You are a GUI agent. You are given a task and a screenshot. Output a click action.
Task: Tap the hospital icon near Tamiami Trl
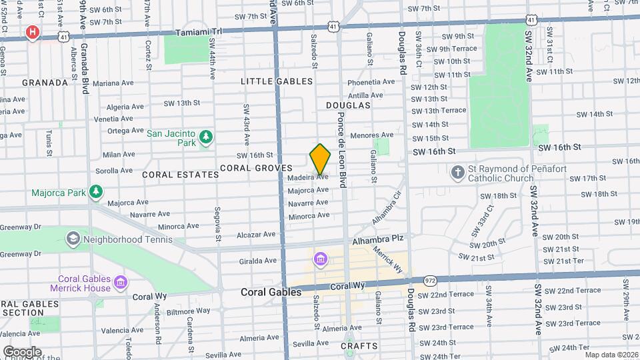click(x=31, y=32)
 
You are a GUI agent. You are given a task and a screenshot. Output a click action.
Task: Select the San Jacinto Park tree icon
click(x=207, y=137)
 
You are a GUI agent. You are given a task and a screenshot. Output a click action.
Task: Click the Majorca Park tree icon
click(x=96, y=193)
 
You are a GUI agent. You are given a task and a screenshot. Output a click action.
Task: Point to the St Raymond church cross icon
click(x=457, y=173)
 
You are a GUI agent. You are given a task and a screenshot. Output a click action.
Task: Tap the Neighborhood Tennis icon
click(x=73, y=238)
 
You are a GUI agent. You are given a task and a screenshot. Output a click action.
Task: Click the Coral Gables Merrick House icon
click(x=120, y=283)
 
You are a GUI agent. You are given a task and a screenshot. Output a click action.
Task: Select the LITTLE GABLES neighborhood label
click(x=277, y=81)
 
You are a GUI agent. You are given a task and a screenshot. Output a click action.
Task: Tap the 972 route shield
click(x=431, y=282)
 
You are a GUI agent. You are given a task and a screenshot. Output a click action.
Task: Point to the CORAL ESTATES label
click(x=180, y=175)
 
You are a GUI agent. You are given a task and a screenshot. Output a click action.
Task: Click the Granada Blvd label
click(x=85, y=70)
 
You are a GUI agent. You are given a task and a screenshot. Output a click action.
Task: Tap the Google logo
click(x=22, y=351)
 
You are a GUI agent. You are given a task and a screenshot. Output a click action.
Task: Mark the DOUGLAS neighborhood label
click(x=348, y=105)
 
